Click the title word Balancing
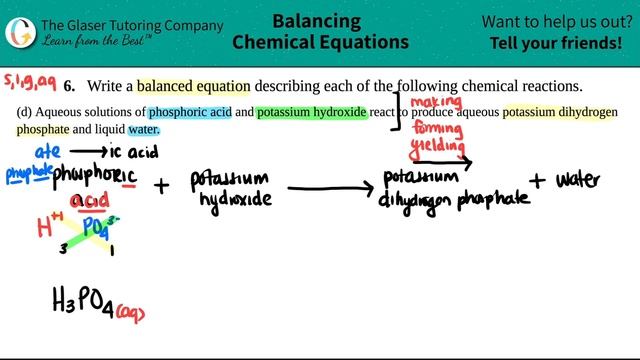point(319,19)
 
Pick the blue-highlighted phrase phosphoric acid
point(188,111)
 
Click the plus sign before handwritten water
point(539,180)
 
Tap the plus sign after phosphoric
point(163,186)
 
